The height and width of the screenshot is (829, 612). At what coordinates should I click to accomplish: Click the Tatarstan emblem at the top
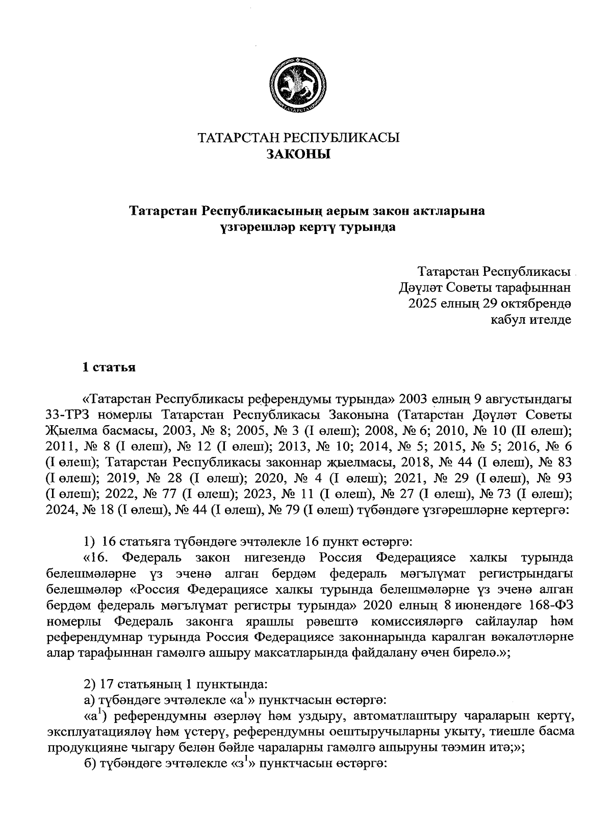point(299,86)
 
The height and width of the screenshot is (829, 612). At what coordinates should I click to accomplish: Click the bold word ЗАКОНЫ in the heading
point(299,154)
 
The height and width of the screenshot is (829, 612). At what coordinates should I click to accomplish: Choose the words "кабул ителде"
point(530,320)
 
